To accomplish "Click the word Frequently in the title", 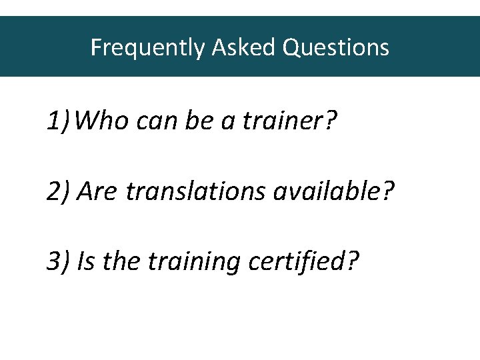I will point(147,47).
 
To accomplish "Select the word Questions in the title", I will point(336,47).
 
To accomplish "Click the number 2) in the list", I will point(59,192).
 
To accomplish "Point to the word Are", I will point(97,192).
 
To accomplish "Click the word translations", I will point(196,192).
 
